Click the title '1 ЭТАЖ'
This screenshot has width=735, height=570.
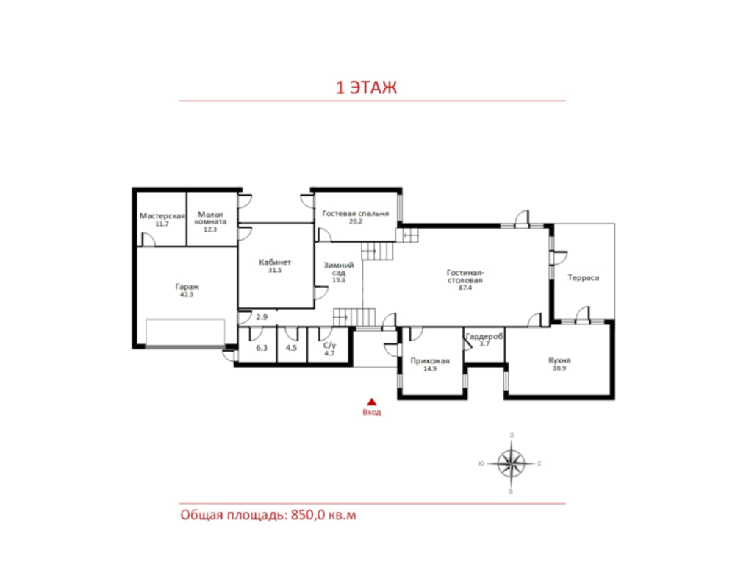[366, 88]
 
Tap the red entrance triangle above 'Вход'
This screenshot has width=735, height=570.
[372, 402]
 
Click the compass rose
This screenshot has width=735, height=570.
[511, 463]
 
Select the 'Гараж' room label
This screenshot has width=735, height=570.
[187, 286]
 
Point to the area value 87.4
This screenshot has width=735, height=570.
[465, 288]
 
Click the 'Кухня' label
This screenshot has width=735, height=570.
[559, 360]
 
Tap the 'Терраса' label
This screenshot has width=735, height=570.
[583, 278]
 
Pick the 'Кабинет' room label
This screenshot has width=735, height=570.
[275, 263]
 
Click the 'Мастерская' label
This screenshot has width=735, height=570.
[162, 215]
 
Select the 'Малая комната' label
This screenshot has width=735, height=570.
[210, 218]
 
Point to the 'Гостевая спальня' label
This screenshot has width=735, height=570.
[355, 213]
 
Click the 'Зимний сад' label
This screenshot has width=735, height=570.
[338, 268]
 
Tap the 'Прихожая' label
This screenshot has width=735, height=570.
[430, 361]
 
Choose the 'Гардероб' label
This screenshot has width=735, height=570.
[484, 336]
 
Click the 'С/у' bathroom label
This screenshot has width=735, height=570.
[329, 346]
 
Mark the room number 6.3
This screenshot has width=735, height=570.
[262, 348]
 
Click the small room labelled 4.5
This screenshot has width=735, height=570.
[291, 348]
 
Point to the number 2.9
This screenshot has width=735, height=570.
[262, 317]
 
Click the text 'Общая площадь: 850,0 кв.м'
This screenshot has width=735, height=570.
[268, 515]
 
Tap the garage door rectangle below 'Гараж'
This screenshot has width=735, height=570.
[185, 333]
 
